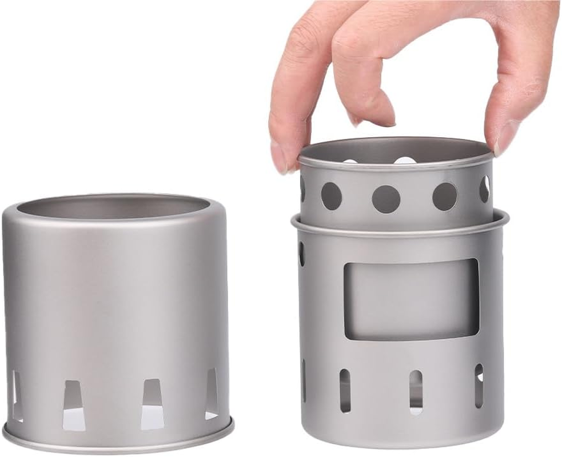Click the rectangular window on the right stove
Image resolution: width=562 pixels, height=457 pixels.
coord(411,299)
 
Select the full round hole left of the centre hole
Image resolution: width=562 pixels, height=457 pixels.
coord(331,196)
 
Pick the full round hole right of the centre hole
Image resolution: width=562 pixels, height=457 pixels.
coord(445,197)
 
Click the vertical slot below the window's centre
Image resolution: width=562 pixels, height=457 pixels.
coord(416,391)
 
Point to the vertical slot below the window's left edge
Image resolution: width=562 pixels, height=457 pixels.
coord(345,390)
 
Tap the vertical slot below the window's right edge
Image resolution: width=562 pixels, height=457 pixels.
coord(479,386)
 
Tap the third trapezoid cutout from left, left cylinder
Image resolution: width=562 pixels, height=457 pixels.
coord(152,404)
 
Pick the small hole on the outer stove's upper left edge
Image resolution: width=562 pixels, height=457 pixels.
coord(301,254)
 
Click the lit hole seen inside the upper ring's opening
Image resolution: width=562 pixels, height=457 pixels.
coord(405,161)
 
